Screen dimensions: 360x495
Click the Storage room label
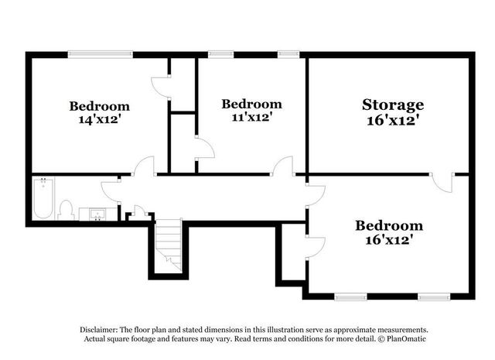tap(393, 105)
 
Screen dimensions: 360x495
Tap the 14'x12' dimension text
tap(99, 120)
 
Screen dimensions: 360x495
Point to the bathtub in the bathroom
tap(43, 199)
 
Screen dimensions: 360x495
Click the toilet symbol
tap(67, 209)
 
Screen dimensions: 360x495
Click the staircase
tap(169, 244)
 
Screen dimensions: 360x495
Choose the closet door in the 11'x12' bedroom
tap(203, 149)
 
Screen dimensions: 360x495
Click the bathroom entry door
tap(111, 191)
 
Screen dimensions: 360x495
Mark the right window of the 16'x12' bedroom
tap(434, 296)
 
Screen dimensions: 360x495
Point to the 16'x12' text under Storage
tap(393, 121)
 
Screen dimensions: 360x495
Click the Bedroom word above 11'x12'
tap(251, 104)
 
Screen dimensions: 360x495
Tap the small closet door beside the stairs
tap(138, 211)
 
